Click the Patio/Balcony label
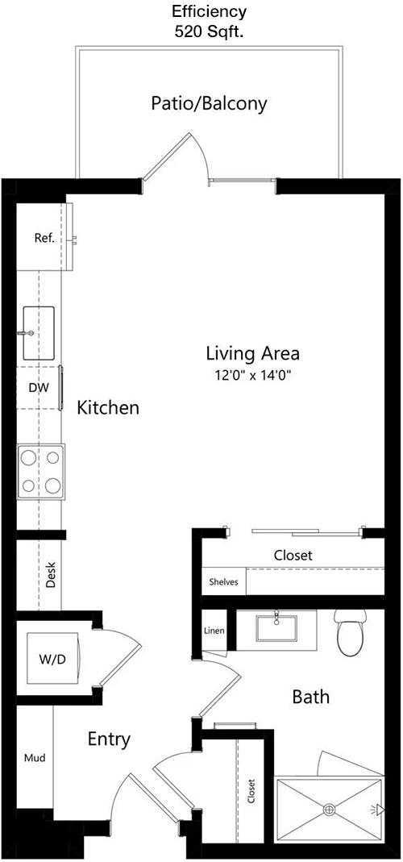click(209, 103)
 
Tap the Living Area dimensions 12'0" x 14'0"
click(253, 376)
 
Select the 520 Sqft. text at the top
click(209, 31)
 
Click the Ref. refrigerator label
click(44, 239)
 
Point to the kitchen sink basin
click(39, 333)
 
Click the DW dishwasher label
click(39, 388)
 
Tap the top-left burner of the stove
click(29, 457)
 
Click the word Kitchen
click(108, 408)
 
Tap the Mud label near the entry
click(35, 758)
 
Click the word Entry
click(109, 740)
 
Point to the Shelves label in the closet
click(223, 581)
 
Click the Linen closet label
click(214, 631)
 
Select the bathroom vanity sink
click(276, 628)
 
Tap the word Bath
click(310, 697)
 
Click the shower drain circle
click(330, 809)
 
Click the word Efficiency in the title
click(209, 10)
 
